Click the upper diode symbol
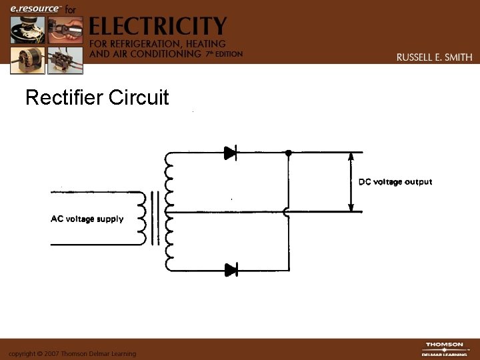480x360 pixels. point(231,153)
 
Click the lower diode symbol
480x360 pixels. point(231,269)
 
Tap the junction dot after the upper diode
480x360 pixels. point(288,153)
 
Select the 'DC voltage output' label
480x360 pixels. point(395,182)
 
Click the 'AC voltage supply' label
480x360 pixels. point(87,219)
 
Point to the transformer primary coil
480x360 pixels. point(141,219)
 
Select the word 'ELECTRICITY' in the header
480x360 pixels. point(158,26)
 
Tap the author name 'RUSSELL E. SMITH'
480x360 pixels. point(434,57)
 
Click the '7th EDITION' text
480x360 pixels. point(223,53)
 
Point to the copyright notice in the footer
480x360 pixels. point(72,353)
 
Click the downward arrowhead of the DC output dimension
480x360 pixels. point(351,207)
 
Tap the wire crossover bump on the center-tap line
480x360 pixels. point(287,212)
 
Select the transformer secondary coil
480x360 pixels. point(168,211)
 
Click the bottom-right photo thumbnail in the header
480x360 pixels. point(65,59)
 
